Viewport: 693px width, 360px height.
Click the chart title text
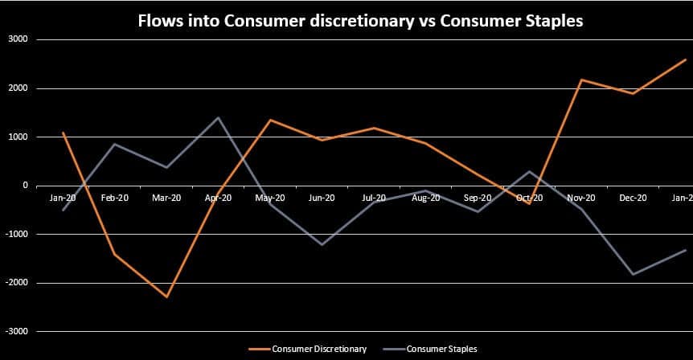360,22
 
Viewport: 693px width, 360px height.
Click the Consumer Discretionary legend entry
319,349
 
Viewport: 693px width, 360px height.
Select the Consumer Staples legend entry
441,349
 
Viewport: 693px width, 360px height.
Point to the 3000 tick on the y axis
18,39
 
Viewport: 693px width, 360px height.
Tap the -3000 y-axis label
16,331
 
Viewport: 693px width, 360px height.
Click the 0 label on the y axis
25,186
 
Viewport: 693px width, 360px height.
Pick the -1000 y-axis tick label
16,234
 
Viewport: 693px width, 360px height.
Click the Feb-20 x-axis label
114,198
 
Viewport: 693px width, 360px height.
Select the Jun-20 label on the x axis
322,198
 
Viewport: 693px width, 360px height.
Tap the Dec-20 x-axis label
633,198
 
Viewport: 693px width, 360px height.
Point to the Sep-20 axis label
478,198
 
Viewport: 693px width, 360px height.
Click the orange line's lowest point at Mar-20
166,297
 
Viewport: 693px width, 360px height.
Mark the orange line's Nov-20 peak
581,80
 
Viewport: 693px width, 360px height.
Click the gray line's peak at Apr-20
218,117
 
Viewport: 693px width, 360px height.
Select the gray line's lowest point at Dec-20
634,274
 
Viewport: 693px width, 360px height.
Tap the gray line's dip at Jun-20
322,244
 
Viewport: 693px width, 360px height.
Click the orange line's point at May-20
270,120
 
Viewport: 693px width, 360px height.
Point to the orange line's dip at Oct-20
530,203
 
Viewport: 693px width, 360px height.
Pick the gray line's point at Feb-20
115,144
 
